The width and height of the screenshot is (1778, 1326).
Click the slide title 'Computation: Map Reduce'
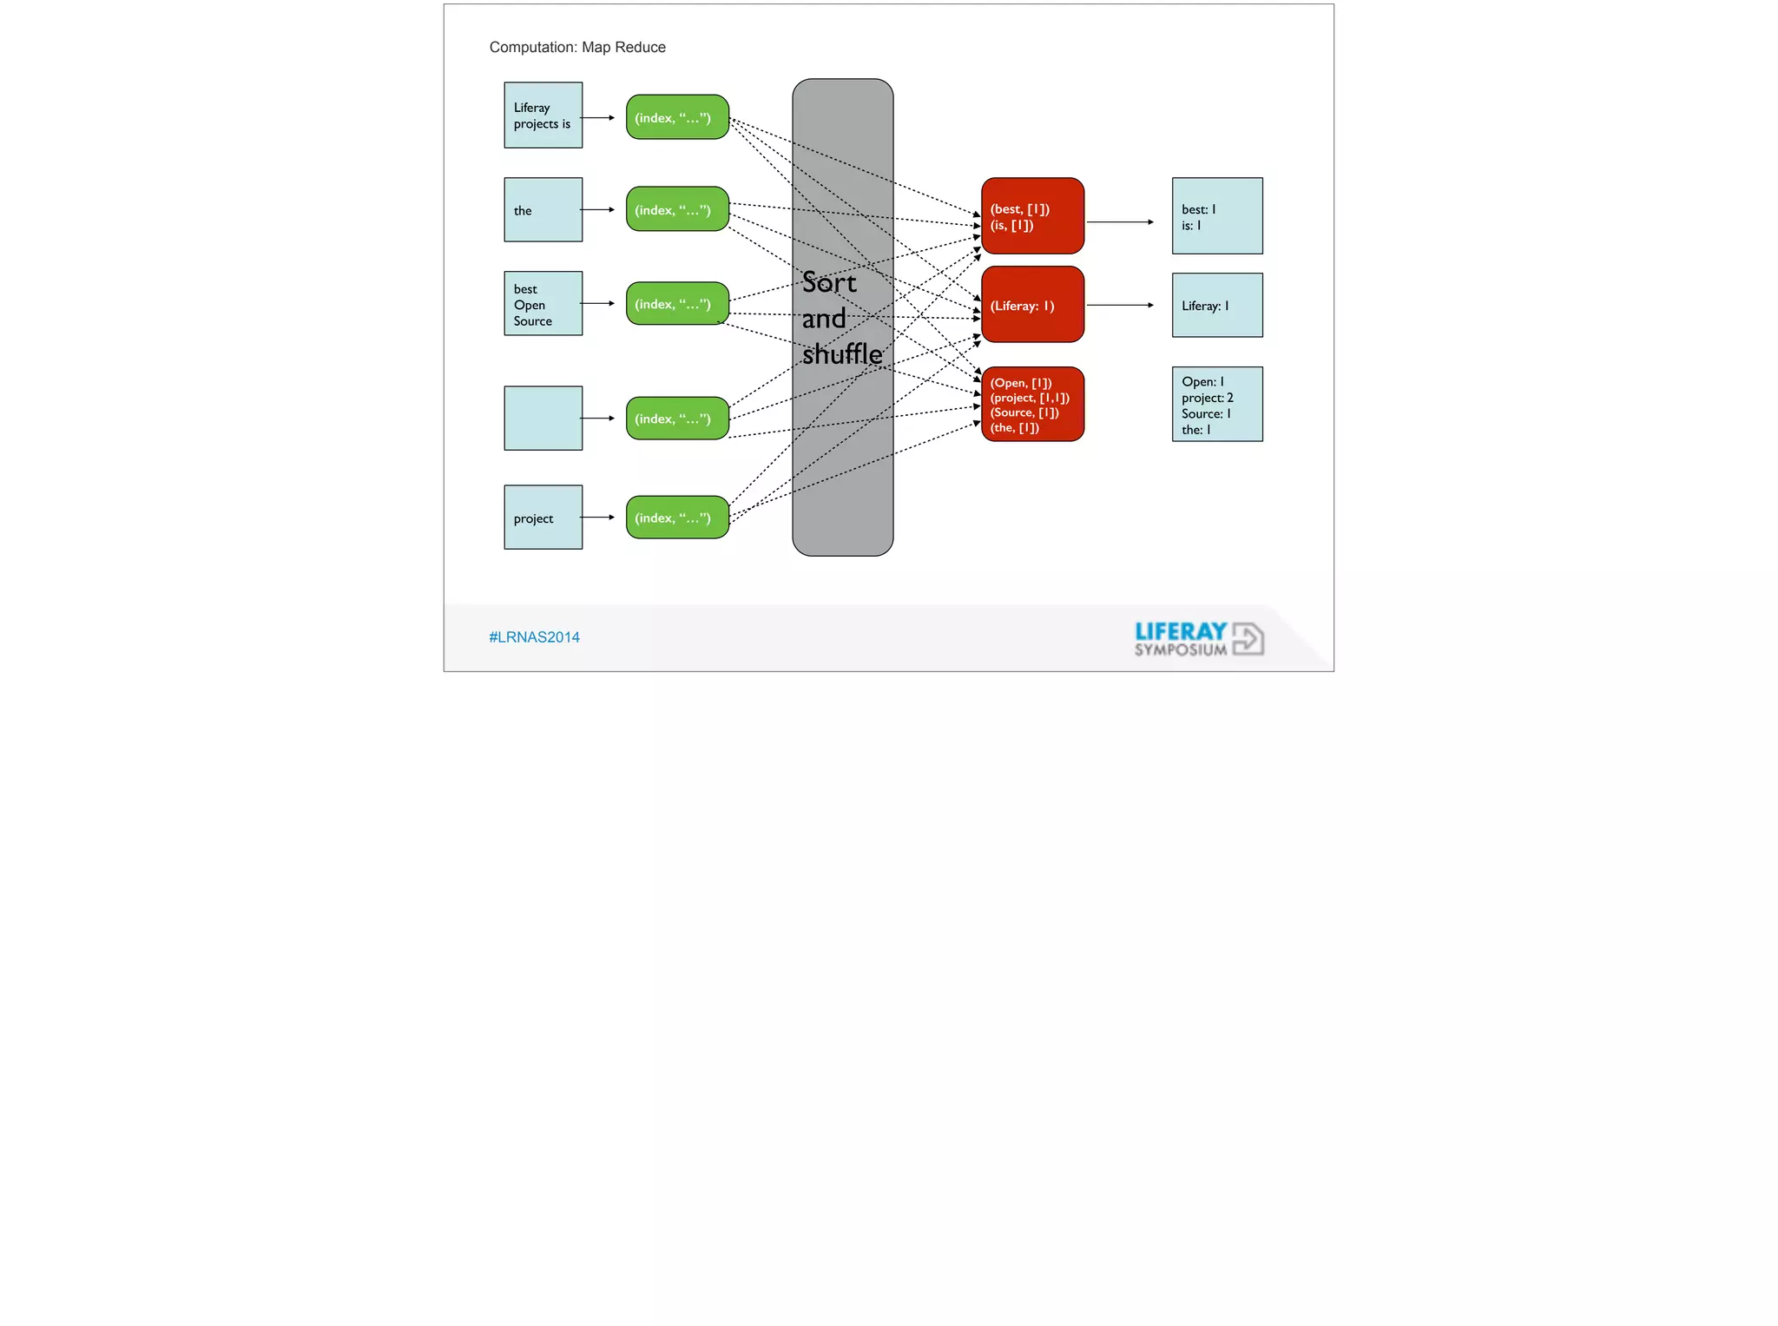[x=577, y=48]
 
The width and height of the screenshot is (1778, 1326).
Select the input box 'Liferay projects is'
[x=543, y=115]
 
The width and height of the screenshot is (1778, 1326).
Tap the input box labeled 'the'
[x=543, y=210]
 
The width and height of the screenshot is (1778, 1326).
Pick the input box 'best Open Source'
[x=543, y=304]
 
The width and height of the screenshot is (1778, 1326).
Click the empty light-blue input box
[x=543, y=419]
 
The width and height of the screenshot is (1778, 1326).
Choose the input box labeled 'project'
[x=543, y=518]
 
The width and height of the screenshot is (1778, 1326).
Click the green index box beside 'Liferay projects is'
[x=677, y=117]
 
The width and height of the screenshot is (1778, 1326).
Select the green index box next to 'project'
[x=677, y=518]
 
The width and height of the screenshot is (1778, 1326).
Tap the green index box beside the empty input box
[x=677, y=419]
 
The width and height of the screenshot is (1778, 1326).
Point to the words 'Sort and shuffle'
[x=841, y=319]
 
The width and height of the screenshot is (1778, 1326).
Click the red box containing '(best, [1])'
[x=1032, y=216]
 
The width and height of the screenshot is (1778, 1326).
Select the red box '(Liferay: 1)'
[x=1032, y=305]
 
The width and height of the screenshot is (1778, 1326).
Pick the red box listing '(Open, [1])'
[x=1032, y=405]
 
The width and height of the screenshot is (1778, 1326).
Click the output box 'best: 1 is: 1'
[x=1217, y=216]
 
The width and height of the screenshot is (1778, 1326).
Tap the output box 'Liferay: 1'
[x=1217, y=306]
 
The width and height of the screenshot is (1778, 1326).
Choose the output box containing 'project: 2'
[x=1217, y=405]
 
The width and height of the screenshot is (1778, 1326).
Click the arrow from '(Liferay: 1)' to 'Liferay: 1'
[x=1120, y=306]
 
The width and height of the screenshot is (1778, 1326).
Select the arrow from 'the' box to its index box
[x=598, y=210]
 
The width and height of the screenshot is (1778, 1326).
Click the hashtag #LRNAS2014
[x=534, y=637]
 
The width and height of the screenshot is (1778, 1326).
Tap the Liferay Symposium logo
[x=1199, y=639]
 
